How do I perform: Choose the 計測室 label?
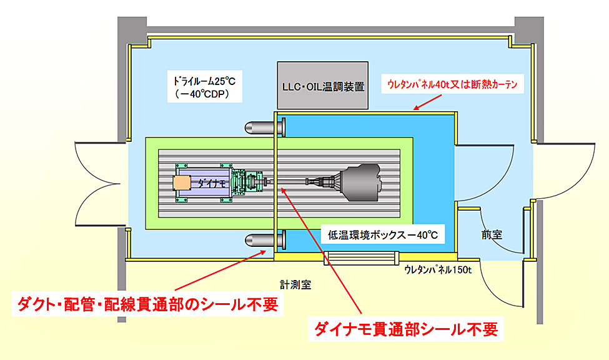[x=295, y=283]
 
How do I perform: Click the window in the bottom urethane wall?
[x=360, y=257]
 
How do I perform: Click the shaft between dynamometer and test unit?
[x=294, y=182]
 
